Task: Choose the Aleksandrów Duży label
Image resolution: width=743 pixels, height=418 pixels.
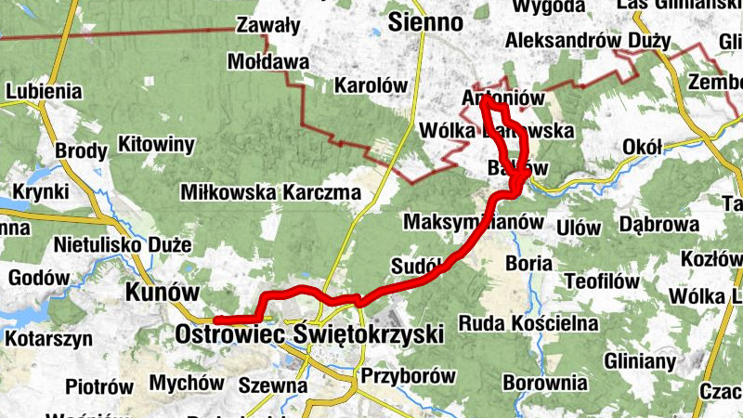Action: coord(587,41)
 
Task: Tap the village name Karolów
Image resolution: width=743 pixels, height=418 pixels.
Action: coord(371,85)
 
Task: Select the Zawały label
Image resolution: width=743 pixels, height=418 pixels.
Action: coord(268,25)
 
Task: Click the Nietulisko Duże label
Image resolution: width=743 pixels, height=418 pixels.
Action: coord(123,245)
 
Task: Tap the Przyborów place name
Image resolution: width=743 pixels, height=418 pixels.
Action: coord(408,376)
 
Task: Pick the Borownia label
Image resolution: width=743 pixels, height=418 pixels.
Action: coord(545,382)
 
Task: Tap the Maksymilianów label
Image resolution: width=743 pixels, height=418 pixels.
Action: coord(473,223)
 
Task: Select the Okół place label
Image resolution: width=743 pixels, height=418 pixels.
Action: coord(643,147)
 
